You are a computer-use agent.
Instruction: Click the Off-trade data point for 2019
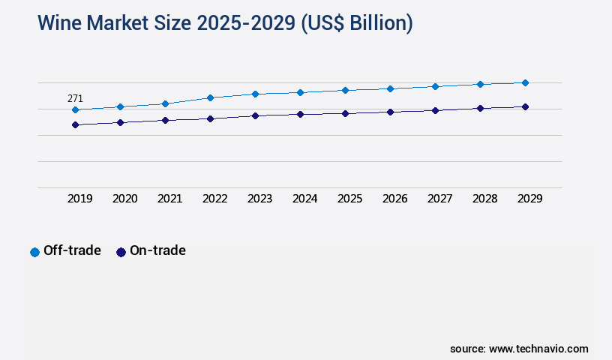point(75,109)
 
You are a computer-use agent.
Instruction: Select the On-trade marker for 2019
point(75,124)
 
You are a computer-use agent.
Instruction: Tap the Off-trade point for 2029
point(525,82)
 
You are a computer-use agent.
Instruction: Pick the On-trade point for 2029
point(525,106)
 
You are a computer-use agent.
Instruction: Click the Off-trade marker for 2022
point(210,97)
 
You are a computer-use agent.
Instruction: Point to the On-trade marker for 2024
point(300,114)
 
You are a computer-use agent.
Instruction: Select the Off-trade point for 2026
point(390,88)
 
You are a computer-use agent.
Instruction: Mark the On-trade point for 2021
point(165,120)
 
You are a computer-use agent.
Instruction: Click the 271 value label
point(75,98)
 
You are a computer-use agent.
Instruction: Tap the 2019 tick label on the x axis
point(80,199)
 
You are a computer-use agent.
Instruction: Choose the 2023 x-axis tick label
point(260,199)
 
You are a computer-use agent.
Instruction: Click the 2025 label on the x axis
point(350,199)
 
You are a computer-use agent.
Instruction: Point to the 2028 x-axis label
point(485,199)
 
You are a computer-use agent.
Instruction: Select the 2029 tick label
point(530,199)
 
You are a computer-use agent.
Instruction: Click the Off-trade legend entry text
point(72,250)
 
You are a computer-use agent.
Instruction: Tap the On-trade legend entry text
point(157,250)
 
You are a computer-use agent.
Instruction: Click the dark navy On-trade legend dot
point(121,252)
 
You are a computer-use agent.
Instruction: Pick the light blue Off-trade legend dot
point(34,252)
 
